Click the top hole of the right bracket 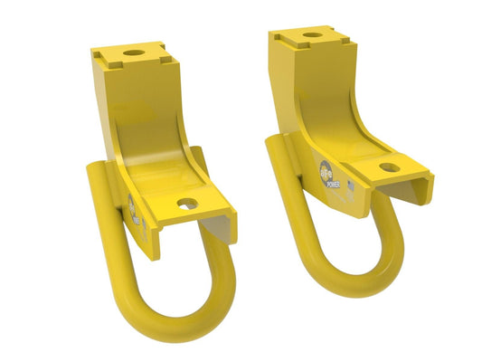click(310, 35)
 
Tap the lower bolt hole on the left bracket click(187, 205)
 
